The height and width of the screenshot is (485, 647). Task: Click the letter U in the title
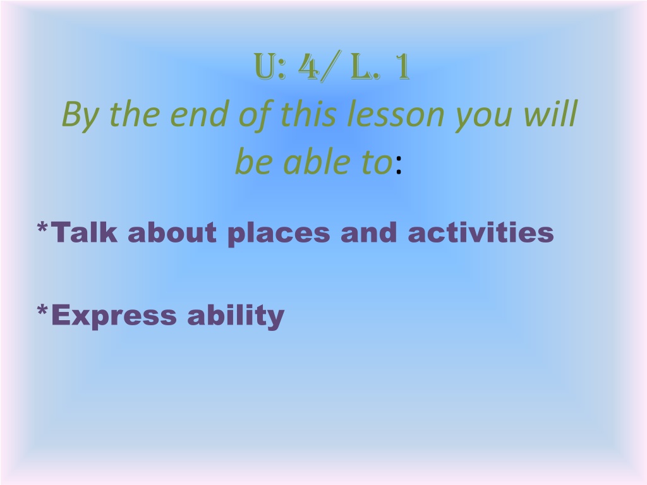pos(265,66)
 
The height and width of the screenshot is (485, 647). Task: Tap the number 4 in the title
pos(308,66)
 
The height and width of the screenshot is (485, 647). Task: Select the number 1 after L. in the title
pos(402,66)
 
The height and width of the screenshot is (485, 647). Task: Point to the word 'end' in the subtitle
pos(199,114)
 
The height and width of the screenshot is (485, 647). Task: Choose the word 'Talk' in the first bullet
pos(84,232)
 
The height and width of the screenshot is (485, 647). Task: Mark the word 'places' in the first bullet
pos(279,234)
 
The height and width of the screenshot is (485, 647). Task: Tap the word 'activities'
pos(481,232)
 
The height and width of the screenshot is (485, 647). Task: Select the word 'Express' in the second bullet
pos(114,316)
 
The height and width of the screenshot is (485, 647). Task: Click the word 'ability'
pos(236,316)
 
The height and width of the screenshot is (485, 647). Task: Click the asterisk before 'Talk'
pos(42,227)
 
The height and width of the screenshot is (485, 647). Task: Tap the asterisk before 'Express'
pos(42,309)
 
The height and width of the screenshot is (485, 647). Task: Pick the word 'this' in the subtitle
pos(308,114)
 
